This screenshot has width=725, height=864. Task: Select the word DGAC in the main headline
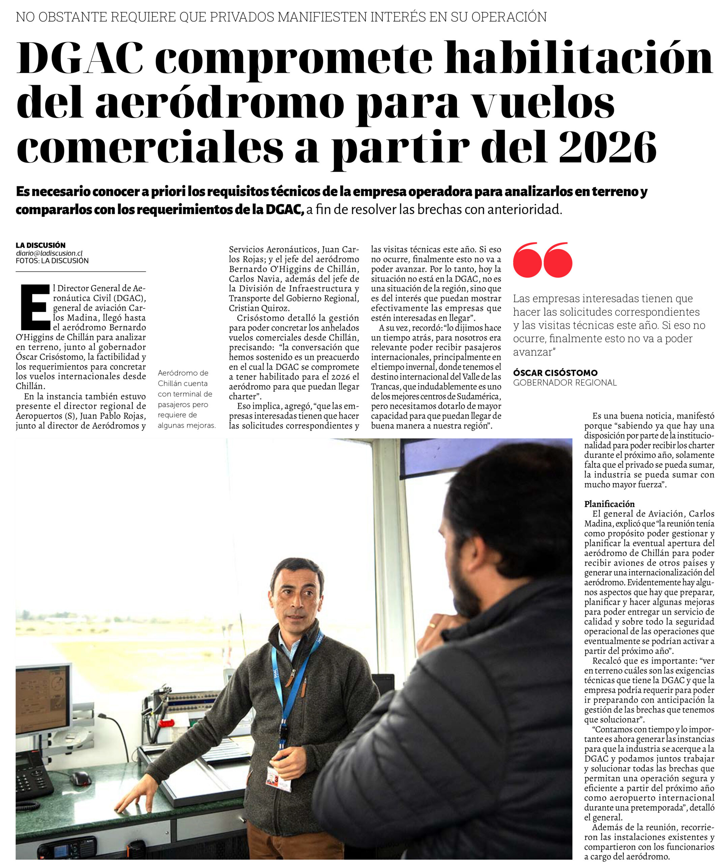pos(80,58)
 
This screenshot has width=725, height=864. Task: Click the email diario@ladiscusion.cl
pos(49,253)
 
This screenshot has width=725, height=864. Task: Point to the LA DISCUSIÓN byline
pos(41,245)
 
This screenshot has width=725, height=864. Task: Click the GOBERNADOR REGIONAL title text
pos(565,383)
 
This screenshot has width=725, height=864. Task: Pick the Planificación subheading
pos(609,504)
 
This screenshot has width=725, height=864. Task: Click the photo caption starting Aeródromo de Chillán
pos(186,399)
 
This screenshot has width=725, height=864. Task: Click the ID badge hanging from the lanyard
pos(279,778)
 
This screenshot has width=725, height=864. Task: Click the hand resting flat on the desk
pos(132,802)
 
